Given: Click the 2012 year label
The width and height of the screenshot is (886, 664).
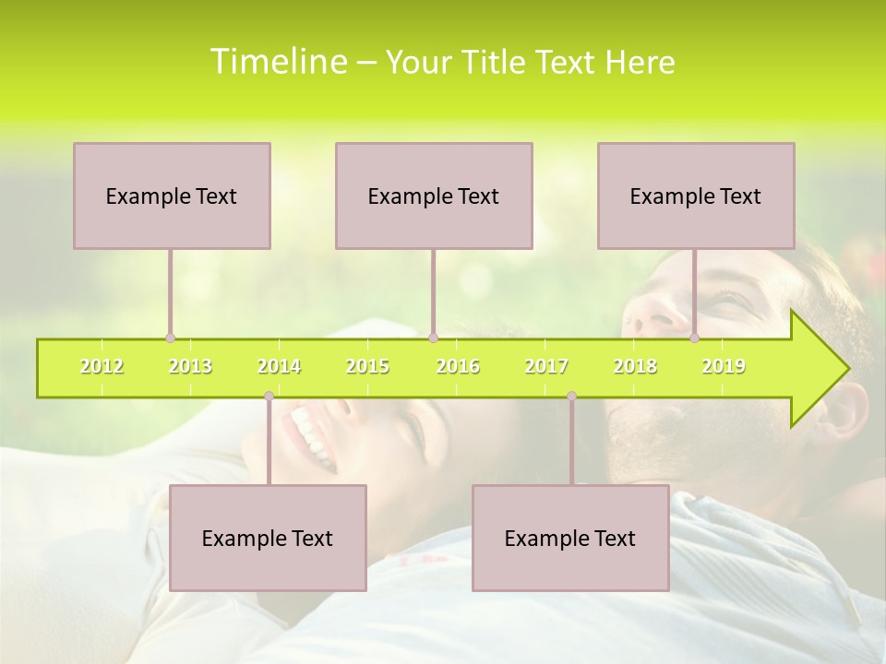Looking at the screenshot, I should (x=102, y=366).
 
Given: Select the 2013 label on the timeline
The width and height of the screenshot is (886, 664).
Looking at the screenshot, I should (x=190, y=366).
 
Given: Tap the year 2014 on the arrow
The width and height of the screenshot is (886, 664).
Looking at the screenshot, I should (x=279, y=366).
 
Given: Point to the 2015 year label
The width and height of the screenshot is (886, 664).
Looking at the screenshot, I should (x=367, y=366).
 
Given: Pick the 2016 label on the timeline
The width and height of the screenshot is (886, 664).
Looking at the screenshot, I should (x=458, y=366).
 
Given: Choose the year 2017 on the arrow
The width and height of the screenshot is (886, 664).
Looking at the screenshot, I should (x=546, y=366).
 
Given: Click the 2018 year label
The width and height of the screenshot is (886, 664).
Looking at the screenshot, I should (x=635, y=366).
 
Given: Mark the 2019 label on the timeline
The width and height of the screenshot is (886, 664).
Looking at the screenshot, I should (x=724, y=366).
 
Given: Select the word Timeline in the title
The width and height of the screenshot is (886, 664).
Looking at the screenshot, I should (x=278, y=62).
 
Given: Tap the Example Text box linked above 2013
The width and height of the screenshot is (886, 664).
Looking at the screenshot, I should (x=172, y=196).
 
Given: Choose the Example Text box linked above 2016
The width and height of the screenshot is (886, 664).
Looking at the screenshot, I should (x=434, y=196).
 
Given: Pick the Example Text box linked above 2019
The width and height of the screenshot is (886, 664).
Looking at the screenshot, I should (x=696, y=196).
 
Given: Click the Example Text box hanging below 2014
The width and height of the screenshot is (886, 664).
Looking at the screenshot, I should (x=268, y=538).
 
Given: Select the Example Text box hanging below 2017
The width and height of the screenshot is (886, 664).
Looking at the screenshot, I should (x=570, y=538).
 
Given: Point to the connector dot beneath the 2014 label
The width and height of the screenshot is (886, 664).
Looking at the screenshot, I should (x=269, y=397).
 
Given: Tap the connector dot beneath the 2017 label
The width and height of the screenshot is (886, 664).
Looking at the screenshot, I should (x=571, y=397).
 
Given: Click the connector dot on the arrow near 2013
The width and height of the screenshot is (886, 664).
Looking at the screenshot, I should (x=170, y=338).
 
